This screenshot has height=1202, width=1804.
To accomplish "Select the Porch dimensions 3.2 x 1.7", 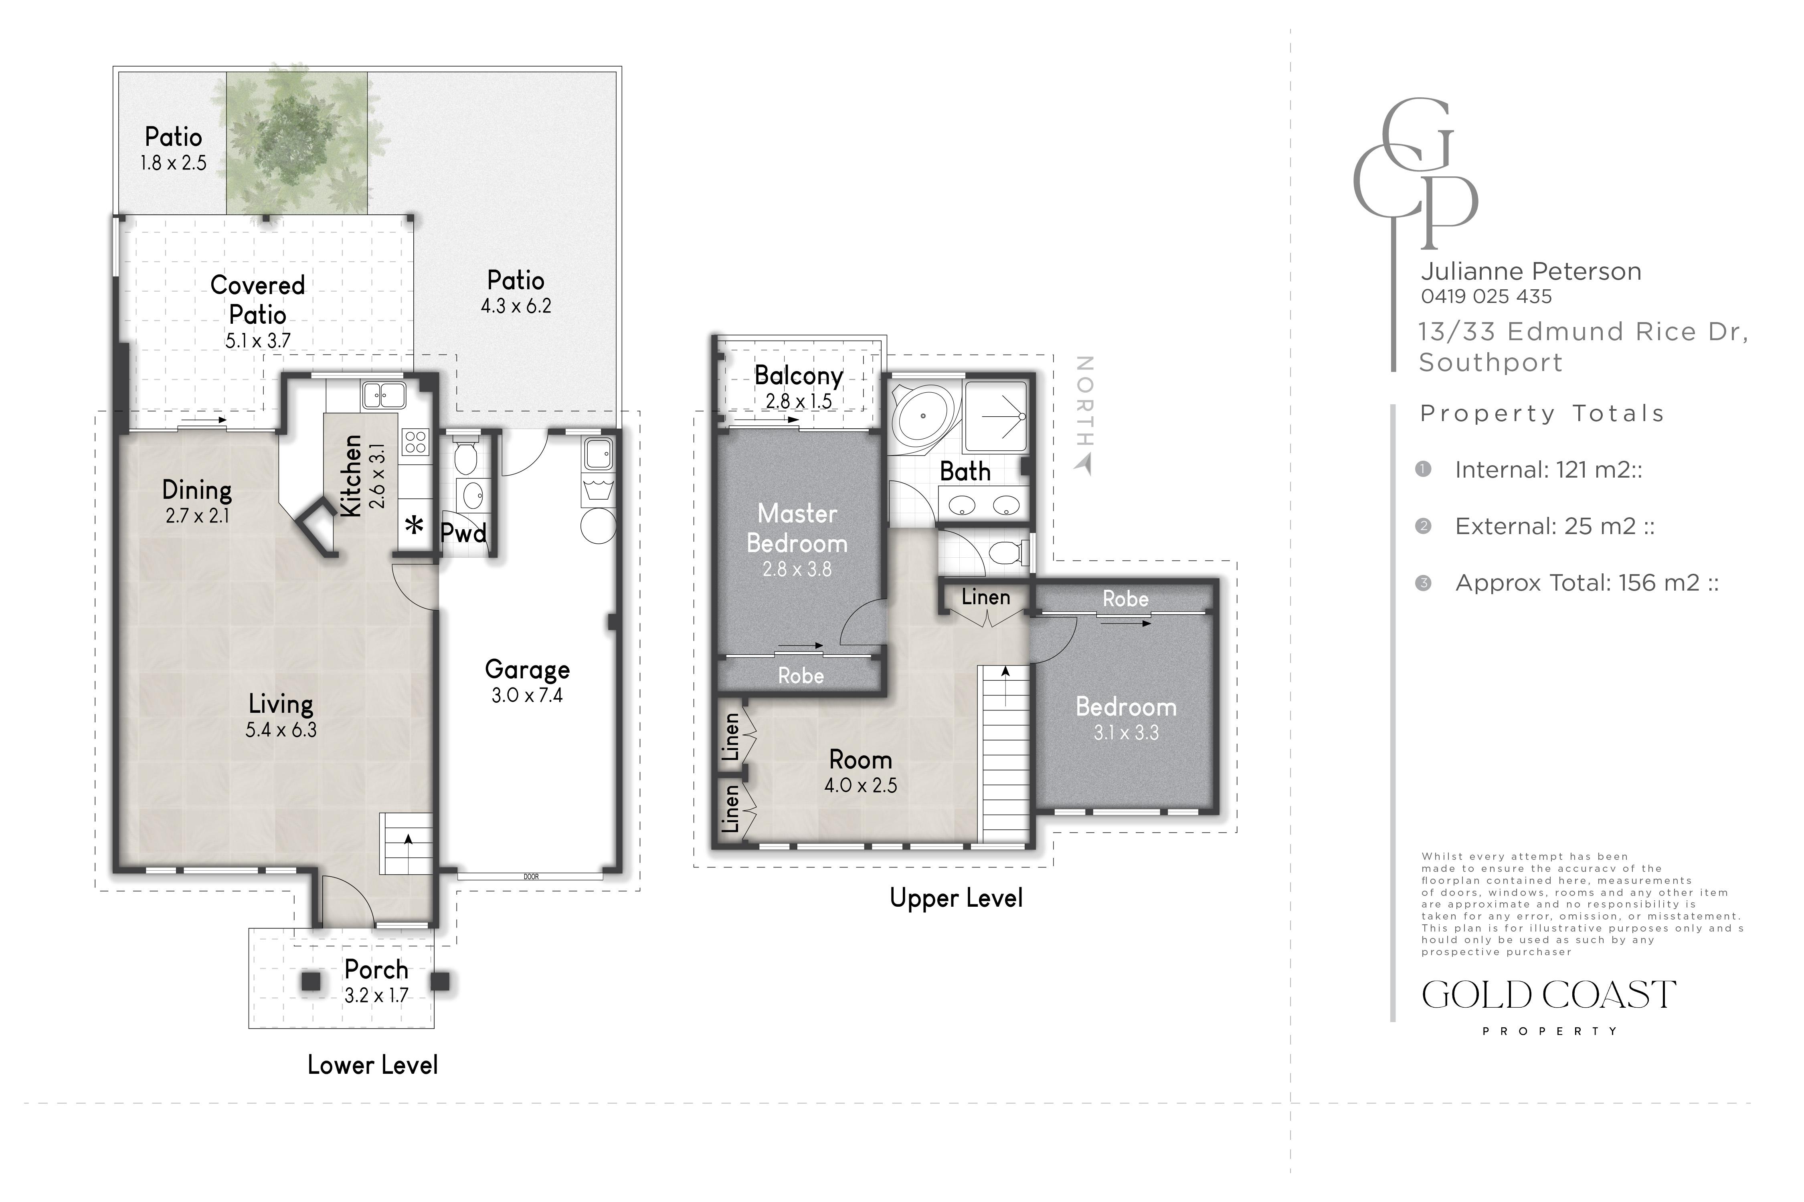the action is (x=376, y=995).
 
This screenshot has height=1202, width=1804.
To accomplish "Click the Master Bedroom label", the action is (x=797, y=528).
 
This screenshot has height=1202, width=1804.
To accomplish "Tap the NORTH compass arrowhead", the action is (x=1084, y=464).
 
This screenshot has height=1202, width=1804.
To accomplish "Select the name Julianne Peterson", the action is (x=1531, y=271).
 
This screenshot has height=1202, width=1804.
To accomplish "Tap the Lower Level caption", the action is (x=373, y=1065).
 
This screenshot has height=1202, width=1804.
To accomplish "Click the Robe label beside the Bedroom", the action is (x=1125, y=599).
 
